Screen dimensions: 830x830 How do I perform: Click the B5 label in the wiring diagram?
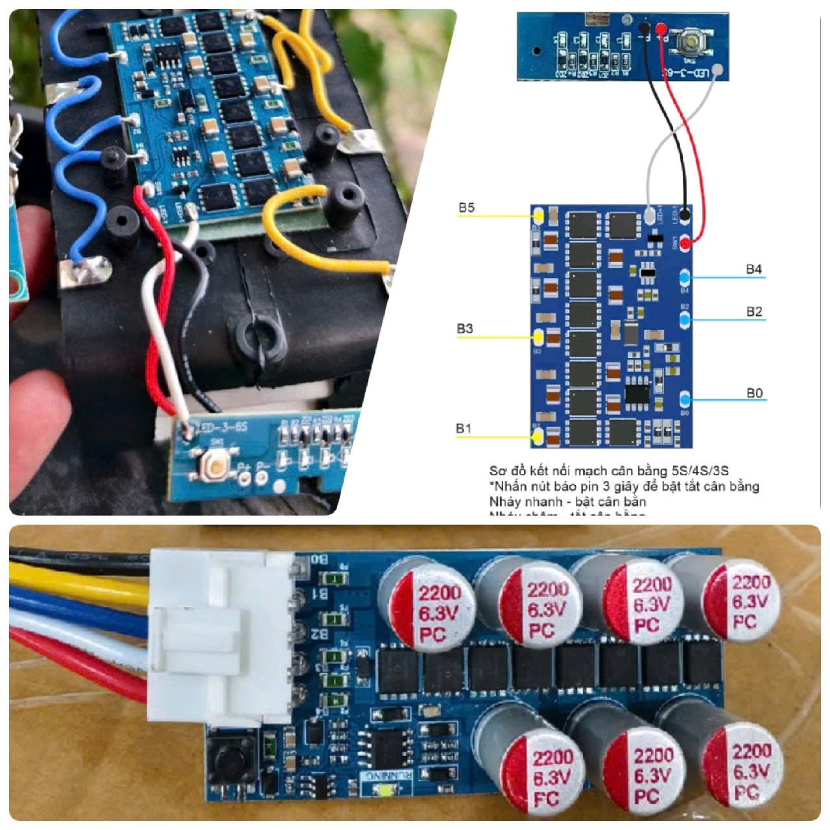pyautogui.click(x=466, y=208)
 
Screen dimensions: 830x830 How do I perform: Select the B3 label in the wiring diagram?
pyautogui.click(x=464, y=329)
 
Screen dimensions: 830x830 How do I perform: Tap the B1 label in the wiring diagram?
pyautogui.click(x=463, y=429)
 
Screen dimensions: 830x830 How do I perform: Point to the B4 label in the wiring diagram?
pyautogui.click(x=753, y=269)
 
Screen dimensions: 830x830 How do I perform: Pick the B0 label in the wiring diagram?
pyautogui.click(x=754, y=393)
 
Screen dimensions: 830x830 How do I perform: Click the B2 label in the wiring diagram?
pyautogui.click(x=754, y=312)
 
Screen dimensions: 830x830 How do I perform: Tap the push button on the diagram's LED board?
pyautogui.click(x=690, y=43)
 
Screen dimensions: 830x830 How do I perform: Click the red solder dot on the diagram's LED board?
pyautogui.click(x=661, y=29)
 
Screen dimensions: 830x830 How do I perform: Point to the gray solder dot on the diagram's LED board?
pyautogui.click(x=717, y=71)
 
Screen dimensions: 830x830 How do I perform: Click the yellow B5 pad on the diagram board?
pyautogui.click(x=538, y=214)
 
